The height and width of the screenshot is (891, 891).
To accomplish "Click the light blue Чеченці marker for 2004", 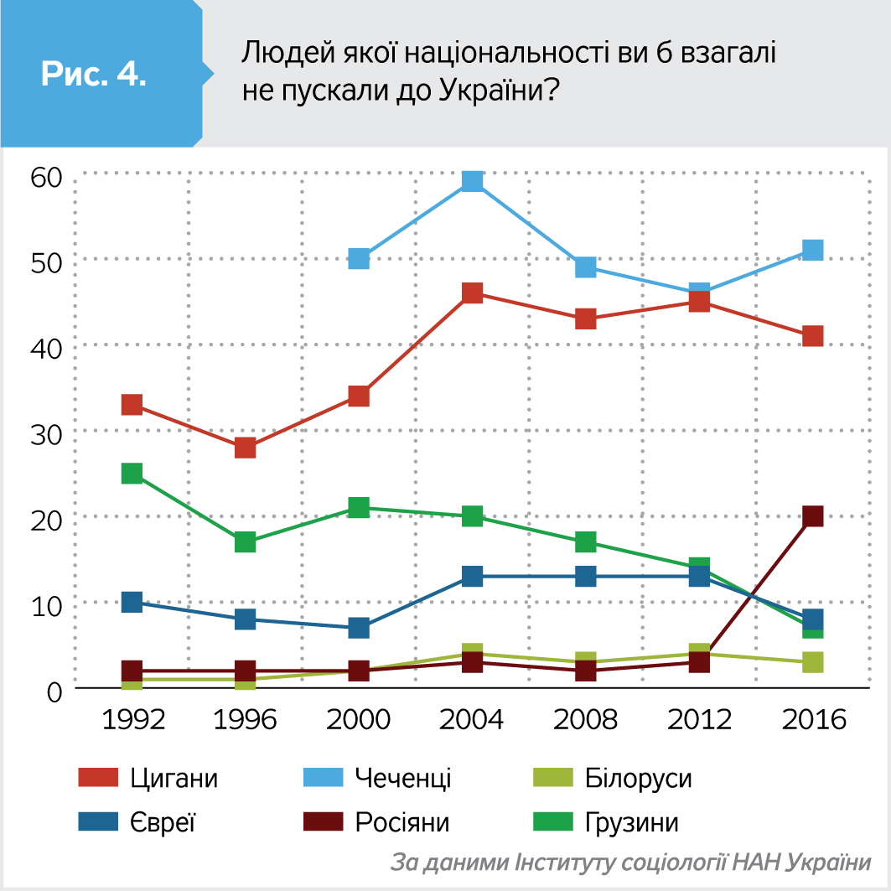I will [473, 181].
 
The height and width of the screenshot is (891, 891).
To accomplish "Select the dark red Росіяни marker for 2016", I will [812, 516].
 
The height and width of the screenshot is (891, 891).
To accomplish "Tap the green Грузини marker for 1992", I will [132, 474].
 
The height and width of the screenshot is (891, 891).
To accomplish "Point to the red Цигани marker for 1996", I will [245, 448].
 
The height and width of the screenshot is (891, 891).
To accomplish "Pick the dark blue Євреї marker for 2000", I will [359, 628].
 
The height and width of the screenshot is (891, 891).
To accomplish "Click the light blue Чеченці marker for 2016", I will [812, 250].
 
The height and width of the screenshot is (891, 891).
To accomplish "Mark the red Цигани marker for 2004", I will [473, 293].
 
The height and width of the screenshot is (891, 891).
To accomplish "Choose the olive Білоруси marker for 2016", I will [812, 662].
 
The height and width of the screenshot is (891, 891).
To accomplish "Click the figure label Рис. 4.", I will [94, 74].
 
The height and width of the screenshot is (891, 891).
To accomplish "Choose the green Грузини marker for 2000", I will [359, 507].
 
